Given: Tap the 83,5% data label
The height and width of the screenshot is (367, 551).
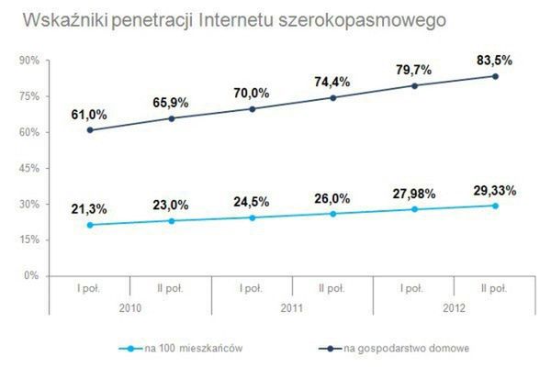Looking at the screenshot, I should pyautogui.click(x=495, y=61).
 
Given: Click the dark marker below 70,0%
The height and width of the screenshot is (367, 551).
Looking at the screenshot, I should pyautogui.click(x=253, y=108).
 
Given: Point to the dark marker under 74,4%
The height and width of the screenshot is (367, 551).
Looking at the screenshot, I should pyautogui.click(x=333, y=97).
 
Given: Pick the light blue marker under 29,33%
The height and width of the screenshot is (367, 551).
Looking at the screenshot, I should pyautogui.click(x=495, y=206).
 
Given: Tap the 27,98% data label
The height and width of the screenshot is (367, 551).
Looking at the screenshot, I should pyautogui.click(x=414, y=194).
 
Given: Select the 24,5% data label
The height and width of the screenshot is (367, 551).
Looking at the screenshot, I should pyautogui.click(x=252, y=202).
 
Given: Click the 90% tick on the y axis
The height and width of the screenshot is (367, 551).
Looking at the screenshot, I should pyautogui.click(x=28, y=61).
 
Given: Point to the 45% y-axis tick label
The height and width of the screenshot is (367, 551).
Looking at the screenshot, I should pyautogui.click(x=28, y=168).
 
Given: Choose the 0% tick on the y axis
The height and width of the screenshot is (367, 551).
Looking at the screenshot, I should pyautogui.click(x=31, y=275).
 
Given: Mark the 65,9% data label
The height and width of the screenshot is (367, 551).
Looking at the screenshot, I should pyautogui.click(x=171, y=102).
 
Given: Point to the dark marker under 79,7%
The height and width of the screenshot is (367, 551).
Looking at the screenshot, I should pyautogui.click(x=414, y=86).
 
